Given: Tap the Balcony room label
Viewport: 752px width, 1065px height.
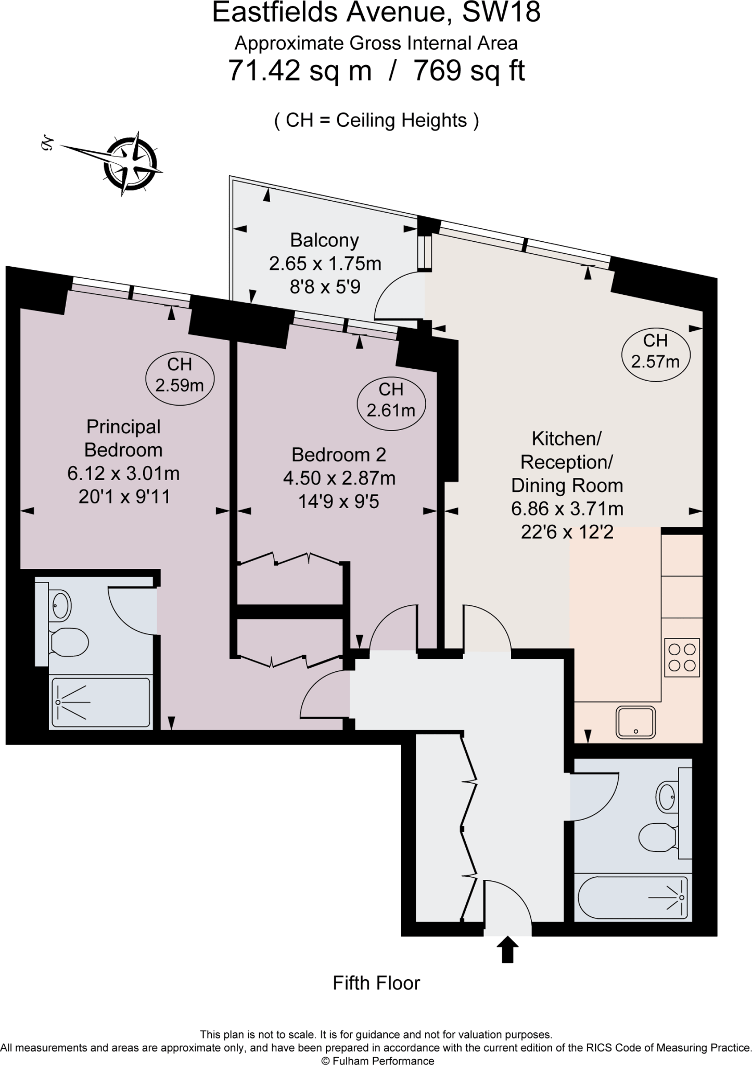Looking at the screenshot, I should click(324, 240).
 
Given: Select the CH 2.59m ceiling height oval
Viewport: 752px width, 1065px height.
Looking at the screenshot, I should click(180, 374).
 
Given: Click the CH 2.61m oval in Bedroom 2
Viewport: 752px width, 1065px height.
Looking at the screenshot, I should click(391, 399).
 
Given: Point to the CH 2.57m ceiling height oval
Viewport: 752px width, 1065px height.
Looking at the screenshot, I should click(655, 350).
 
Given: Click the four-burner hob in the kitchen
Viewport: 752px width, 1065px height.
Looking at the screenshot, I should click(682, 657).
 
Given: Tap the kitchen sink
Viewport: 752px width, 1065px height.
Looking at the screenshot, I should click(635, 722).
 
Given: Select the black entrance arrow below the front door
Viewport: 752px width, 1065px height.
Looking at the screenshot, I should click(508, 950).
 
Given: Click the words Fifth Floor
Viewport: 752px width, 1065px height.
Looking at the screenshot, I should click(376, 983).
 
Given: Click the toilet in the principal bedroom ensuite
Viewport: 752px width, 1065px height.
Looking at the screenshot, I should click(69, 643).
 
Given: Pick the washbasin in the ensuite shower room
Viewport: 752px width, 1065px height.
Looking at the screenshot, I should click(61, 605).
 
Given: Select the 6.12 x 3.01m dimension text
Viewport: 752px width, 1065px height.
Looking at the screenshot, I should click(123, 473).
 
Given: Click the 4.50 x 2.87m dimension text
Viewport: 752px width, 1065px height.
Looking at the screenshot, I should click(339, 478).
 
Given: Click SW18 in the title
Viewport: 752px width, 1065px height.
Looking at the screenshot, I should click(501, 12).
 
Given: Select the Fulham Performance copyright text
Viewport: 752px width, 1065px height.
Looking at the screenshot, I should click(377, 1060).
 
